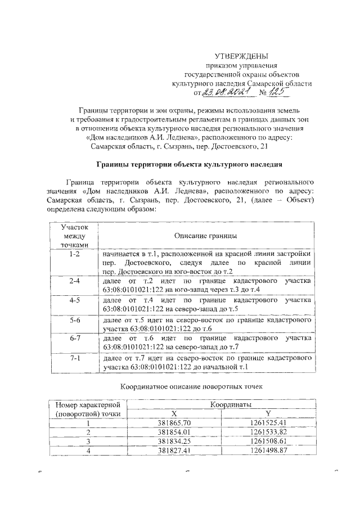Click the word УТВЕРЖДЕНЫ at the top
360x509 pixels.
pos(242,56)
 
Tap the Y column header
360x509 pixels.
pos(268,413)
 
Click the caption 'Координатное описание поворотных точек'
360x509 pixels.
pos(191,387)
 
